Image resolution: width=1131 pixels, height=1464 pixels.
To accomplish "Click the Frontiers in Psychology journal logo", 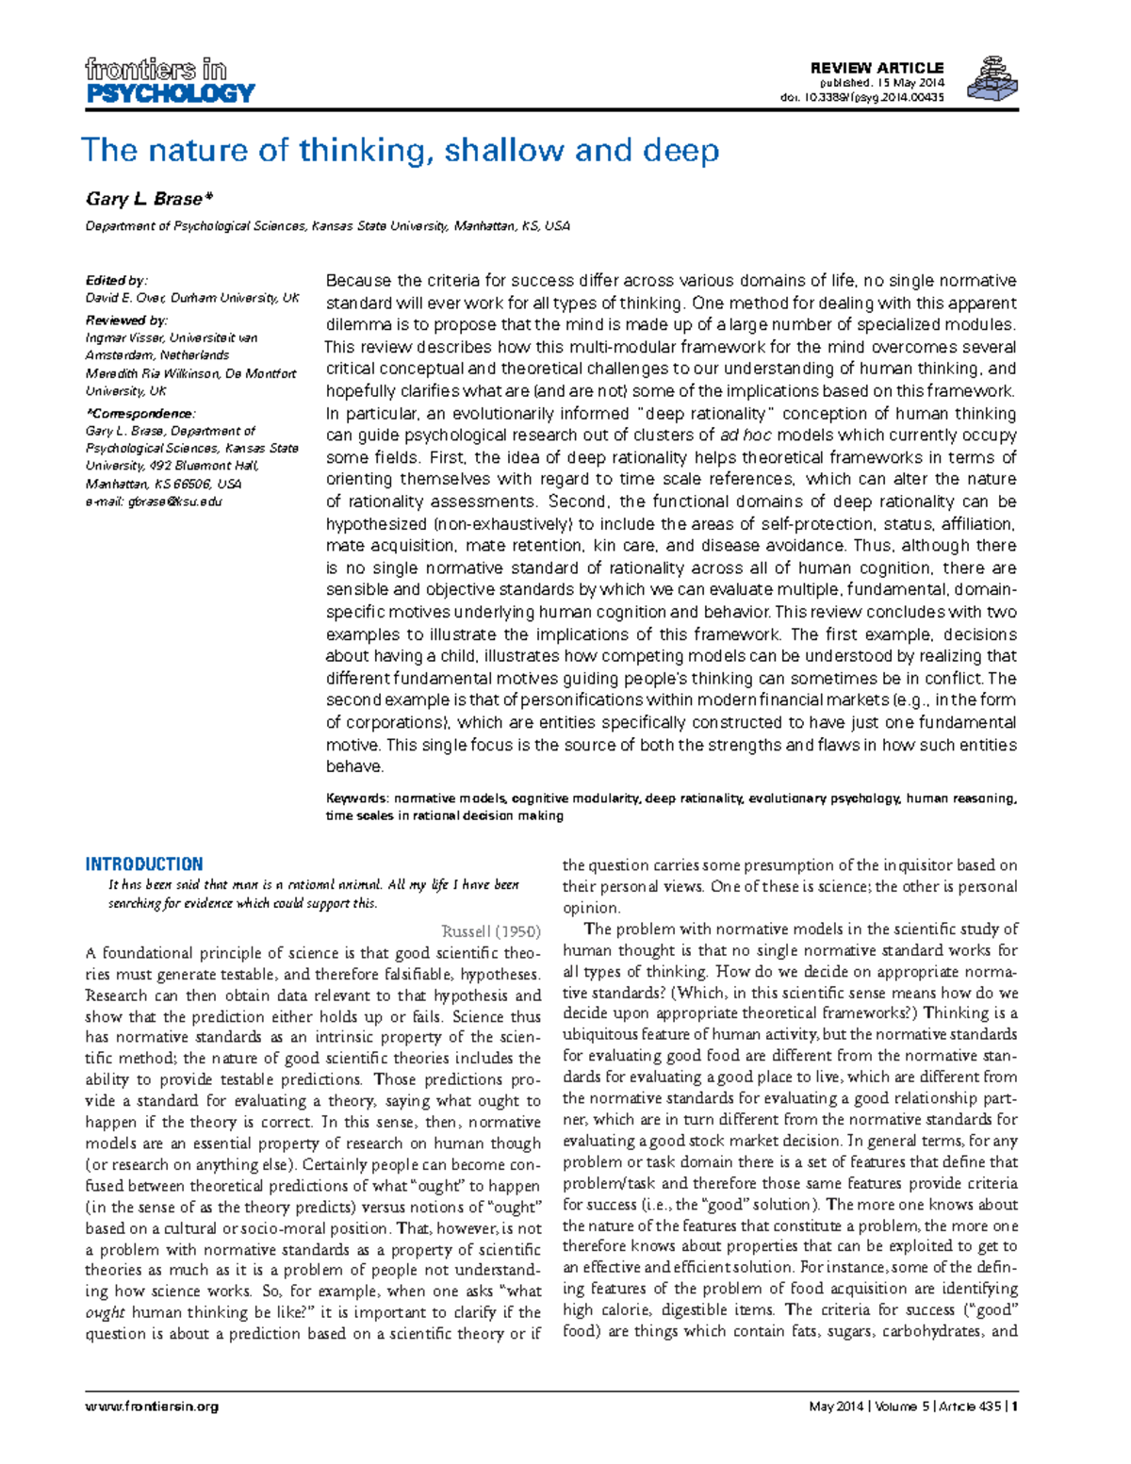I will [x=170, y=81].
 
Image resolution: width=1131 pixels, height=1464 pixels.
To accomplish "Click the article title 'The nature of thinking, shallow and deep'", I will [x=400, y=151].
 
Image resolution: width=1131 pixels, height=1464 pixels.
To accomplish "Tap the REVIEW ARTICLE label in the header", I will [x=877, y=68].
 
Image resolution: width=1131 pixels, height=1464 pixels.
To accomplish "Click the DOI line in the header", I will [x=861, y=97].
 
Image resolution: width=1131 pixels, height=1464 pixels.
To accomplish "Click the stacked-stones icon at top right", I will [x=993, y=79].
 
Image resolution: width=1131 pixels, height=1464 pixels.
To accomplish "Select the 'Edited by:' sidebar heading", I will [x=116, y=280].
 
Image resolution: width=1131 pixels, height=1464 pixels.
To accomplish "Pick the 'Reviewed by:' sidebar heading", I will [x=126, y=321].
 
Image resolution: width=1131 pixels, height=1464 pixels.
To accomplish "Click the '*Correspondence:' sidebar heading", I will [x=140, y=413].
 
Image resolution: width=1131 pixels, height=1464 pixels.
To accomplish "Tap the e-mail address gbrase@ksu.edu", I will [x=175, y=502].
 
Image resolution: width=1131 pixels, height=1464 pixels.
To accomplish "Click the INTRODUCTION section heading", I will [x=144, y=864].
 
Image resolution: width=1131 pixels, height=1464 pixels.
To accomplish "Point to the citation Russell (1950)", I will [x=491, y=931].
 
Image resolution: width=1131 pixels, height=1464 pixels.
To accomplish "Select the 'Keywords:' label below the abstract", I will [x=357, y=798].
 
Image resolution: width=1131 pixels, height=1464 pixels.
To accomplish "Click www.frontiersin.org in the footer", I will [x=152, y=1406].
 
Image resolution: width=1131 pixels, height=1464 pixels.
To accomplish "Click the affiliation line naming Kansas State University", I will [x=327, y=226].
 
